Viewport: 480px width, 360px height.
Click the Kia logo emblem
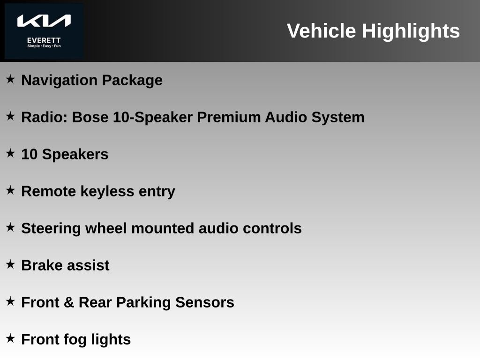[44, 21]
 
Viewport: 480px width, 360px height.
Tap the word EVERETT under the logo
[44, 40]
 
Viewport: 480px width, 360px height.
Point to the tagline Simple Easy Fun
[44, 46]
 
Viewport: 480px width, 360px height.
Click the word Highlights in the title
[411, 31]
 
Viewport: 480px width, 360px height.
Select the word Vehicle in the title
[322, 31]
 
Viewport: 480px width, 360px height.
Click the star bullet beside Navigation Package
[10, 79]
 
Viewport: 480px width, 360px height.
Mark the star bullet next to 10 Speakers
[10, 153]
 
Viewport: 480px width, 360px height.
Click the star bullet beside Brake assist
[10, 264]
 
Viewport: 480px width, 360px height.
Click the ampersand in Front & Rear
[69, 302]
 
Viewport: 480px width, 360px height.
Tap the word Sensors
[205, 302]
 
